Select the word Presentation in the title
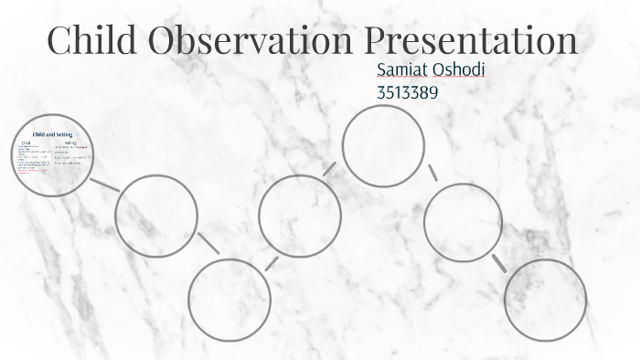pos(472,41)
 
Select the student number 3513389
pos(410,91)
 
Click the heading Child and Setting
pos(52,134)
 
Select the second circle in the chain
pos(156,215)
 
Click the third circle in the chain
pos(229,299)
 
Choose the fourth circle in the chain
pos(300,216)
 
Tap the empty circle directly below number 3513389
pos(383,145)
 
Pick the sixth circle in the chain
pos(463,222)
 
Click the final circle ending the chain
pos(545,300)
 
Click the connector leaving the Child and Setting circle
pos(104,184)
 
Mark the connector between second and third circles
pos(208,244)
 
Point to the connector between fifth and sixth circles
pos(432,173)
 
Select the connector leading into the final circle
pos(499,263)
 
